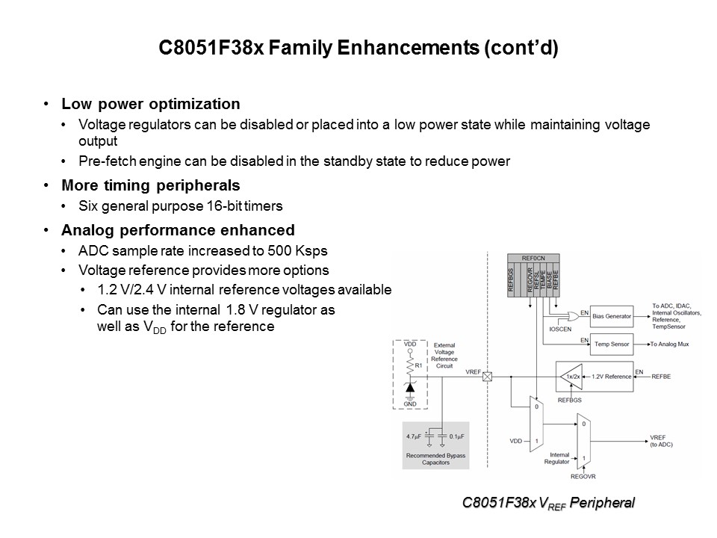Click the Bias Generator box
[611, 316]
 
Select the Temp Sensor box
[611, 344]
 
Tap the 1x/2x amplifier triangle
[571, 377]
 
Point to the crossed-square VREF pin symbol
[488, 377]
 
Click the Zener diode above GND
[410, 389]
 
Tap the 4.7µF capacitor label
[414, 435]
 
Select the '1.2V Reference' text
[611, 377]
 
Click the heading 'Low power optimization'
[151, 104]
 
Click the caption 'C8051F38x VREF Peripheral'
[548, 504]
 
